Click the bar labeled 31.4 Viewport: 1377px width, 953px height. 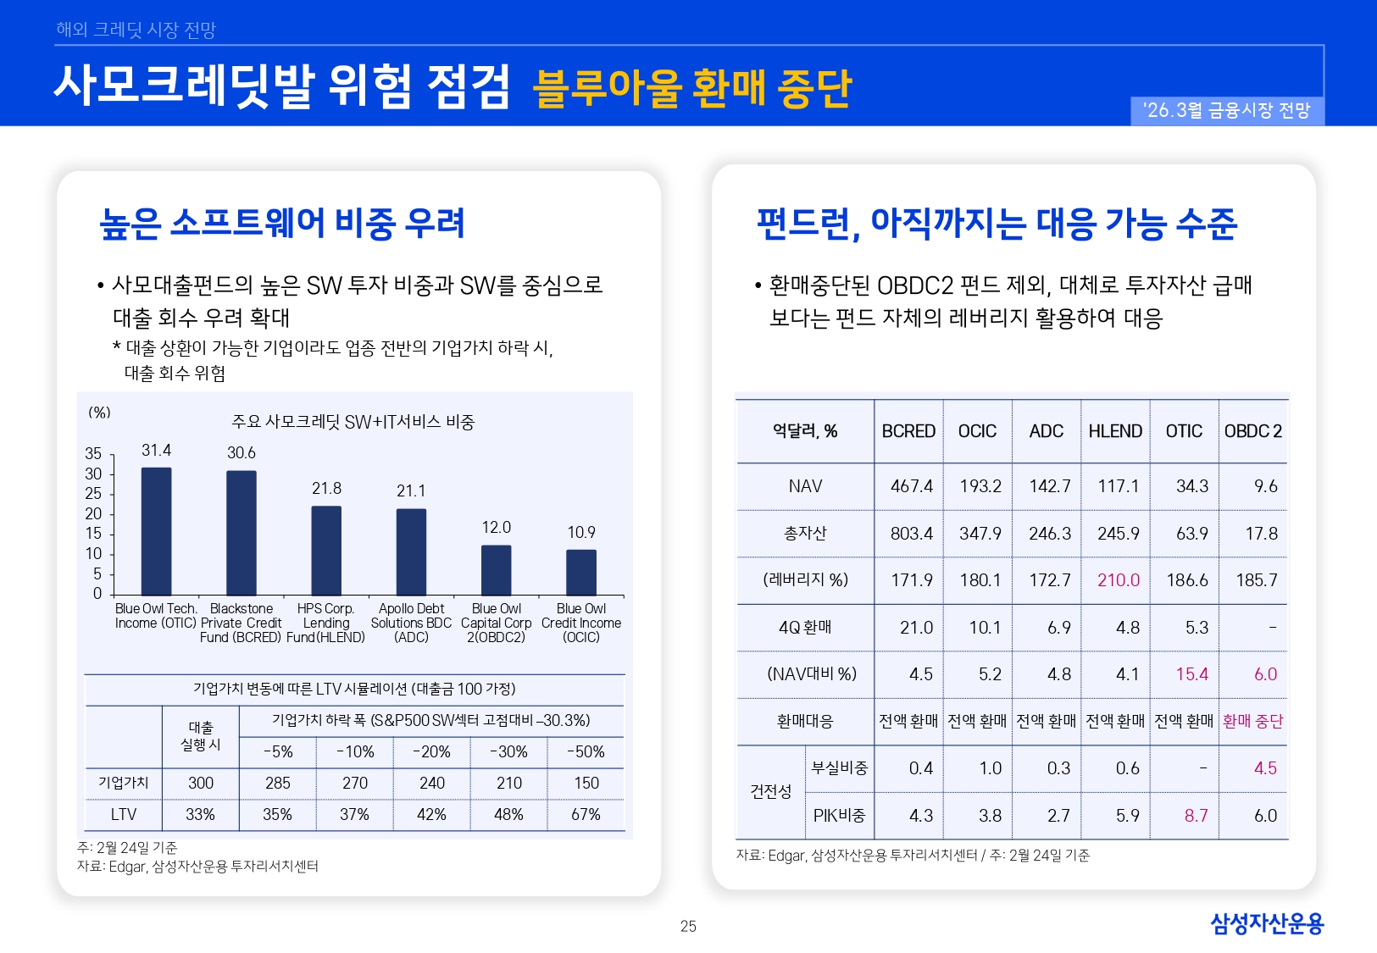pos(156,531)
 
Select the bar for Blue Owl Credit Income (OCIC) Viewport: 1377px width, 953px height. pos(581,573)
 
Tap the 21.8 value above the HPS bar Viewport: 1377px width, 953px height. pos(326,489)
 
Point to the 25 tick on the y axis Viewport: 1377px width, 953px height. pos(93,493)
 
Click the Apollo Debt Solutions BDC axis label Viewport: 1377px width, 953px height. pos(411,623)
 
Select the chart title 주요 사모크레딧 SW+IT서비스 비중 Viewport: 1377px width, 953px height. pos(353,422)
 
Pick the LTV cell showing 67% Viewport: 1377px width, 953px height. pos(586,814)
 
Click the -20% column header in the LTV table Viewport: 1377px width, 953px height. pos(431,751)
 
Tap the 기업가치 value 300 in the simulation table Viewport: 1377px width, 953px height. pos(201,783)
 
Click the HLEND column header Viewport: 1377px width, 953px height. pos(1115,431)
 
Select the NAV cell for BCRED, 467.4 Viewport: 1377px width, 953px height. pos(911,486)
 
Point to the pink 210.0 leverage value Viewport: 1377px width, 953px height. pos(1118,580)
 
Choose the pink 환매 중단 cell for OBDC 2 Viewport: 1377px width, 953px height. pos(1252,721)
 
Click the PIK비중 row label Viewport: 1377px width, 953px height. pos(839,815)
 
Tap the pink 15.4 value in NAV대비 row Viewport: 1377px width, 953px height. pos(1191,674)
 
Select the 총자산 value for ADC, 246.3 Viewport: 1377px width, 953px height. pos(1049,534)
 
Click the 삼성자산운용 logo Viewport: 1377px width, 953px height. pos(1266,923)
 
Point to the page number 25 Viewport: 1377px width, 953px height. pos(688,927)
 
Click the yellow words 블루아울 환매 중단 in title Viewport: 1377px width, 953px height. pos(691,89)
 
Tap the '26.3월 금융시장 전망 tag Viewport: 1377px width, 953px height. pos(1226,111)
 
